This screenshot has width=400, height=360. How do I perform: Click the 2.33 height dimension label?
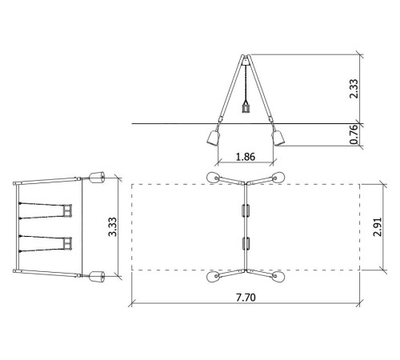click(354, 89)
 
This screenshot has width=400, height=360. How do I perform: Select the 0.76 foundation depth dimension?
click(354, 134)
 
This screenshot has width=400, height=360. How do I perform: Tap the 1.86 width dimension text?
click(246, 157)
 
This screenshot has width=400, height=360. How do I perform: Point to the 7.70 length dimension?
click(246, 298)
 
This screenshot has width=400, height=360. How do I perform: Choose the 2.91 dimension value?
click(378, 227)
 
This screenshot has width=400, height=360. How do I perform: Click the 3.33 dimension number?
click(113, 227)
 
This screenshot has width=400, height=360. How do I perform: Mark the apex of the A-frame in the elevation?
click(246, 56)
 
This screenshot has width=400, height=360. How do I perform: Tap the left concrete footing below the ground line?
click(214, 138)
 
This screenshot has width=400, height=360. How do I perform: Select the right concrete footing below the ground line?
click(278, 138)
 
